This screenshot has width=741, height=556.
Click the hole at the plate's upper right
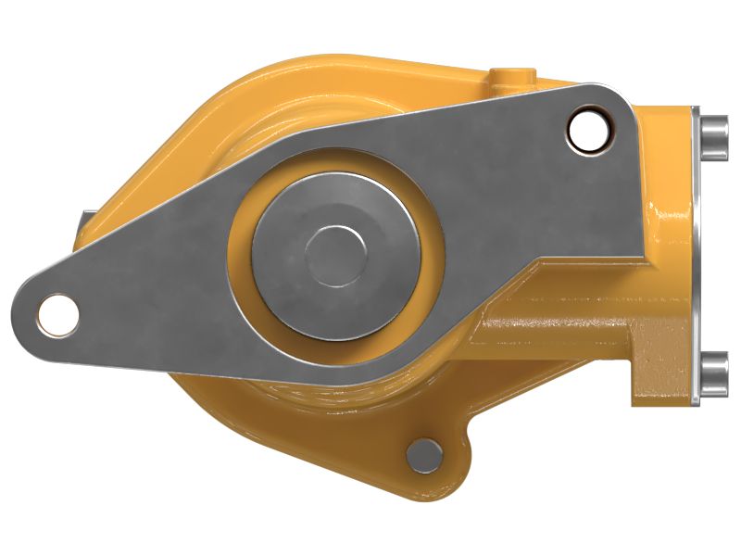click(585, 131)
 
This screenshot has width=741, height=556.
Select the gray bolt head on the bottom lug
click(425, 455)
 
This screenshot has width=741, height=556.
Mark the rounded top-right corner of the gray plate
click(621, 97)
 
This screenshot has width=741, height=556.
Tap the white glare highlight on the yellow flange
click(669, 222)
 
